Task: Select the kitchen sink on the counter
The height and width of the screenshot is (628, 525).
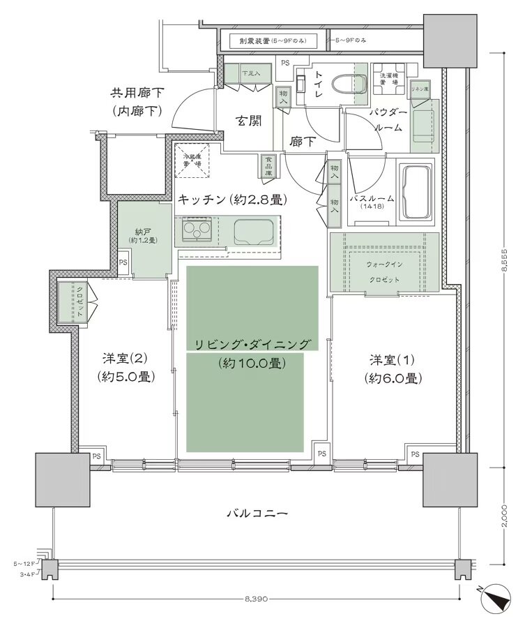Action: point(253,231)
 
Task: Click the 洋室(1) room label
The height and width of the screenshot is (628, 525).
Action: point(393,360)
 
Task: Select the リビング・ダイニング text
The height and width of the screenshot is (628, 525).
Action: point(252,344)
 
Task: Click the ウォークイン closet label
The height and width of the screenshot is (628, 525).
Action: point(383,265)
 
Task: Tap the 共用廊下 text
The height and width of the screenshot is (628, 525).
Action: point(135,94)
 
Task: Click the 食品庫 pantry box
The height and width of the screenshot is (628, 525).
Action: point(268,165)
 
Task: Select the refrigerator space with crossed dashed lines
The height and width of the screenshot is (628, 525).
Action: point(192,162)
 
